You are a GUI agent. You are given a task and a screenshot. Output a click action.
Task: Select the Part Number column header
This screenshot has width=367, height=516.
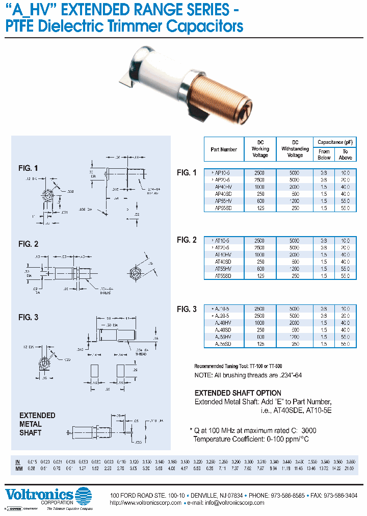pyautogui.click(x=224, y=149)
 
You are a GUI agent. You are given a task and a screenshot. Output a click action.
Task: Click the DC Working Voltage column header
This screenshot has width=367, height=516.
pyautogui.click(x=260, y=149)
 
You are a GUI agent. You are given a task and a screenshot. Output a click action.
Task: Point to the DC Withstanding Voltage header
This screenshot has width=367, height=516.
pyautogui.click(x=295, y=149)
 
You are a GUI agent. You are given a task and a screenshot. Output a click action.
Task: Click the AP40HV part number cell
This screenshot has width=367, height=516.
pyautogui.click(x=224, y=187)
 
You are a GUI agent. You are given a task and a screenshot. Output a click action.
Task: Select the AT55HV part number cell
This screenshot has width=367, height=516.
pyautogui.click(x=224, y=268)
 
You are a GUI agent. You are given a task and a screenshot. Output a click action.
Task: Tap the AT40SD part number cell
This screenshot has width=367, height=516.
pyautogui.click(x=224, y=261)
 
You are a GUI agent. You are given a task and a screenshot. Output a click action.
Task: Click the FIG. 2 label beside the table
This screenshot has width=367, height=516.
pyautogui.click(x=187, y=240)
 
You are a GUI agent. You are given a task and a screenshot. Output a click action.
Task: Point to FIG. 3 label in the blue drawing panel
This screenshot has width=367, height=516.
pyautogui.click(x=29, y=317)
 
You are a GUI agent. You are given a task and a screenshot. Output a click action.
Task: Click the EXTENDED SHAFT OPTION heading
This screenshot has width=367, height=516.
pyautogui.click(x=238, y=393)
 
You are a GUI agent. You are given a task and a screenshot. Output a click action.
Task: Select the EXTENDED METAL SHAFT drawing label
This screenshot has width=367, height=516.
pyautogui.click(x=37, y=424)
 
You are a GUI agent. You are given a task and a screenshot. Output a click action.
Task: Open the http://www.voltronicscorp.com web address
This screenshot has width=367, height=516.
pyautogui.click(x=146, y=503)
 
